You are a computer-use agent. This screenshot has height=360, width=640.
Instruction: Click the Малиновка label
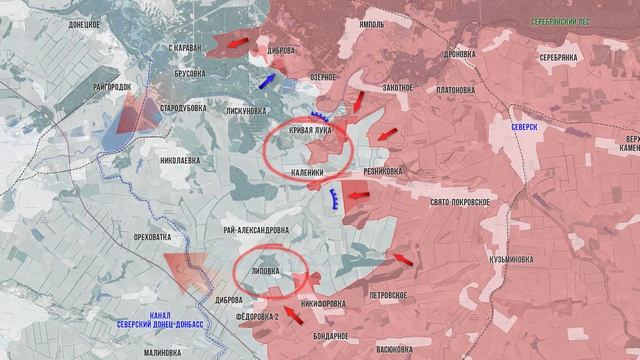pyautogui.click(x=162, y=352)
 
